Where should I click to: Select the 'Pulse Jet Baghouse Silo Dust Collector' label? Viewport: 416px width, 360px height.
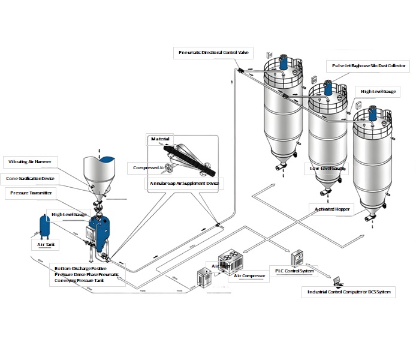tap(369, 65)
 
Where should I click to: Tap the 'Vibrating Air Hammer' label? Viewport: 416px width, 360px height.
tap(30, 162)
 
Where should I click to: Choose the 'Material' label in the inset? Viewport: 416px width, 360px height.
tap(160, 139)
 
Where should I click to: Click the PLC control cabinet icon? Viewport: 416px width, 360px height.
tap(298, 258)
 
